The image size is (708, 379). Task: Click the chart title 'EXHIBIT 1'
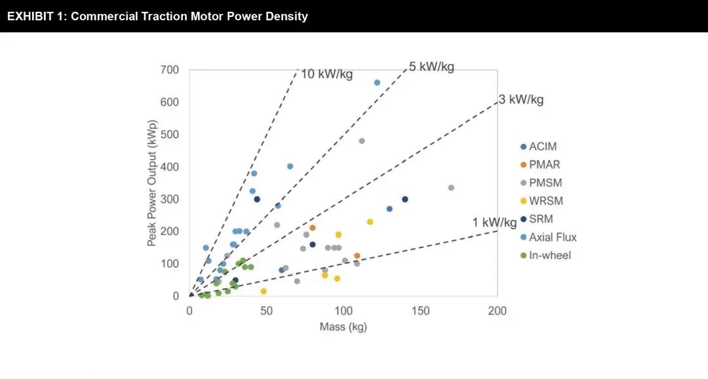pos(157,16)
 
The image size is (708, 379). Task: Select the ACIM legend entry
pos(543,147)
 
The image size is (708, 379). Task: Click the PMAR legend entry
pos(545,165)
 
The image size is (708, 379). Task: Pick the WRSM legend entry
pos(546,201)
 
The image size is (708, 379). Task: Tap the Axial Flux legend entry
pos(553,237)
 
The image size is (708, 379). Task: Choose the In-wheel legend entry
pos(550,255)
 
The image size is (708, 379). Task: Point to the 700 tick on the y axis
pos(170,70)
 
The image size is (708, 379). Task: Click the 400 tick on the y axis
pos(170,167)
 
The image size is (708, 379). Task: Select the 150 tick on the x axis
pos(420,311)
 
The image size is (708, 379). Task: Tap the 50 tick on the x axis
pos(266,311)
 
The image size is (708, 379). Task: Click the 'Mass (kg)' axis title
pos(343,327)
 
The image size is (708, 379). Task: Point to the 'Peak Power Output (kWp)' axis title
pos(151,183)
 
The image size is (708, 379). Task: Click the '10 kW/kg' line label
pos(326,74)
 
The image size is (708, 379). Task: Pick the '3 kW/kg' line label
pos(521,99)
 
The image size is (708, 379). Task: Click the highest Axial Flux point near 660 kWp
pos(377,82)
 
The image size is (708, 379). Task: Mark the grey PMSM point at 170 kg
pos(451,188)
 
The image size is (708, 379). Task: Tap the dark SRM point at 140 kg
pos(404,199)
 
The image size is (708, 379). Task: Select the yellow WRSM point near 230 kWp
pos(370,222)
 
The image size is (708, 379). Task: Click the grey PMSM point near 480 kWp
pos(362,141)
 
